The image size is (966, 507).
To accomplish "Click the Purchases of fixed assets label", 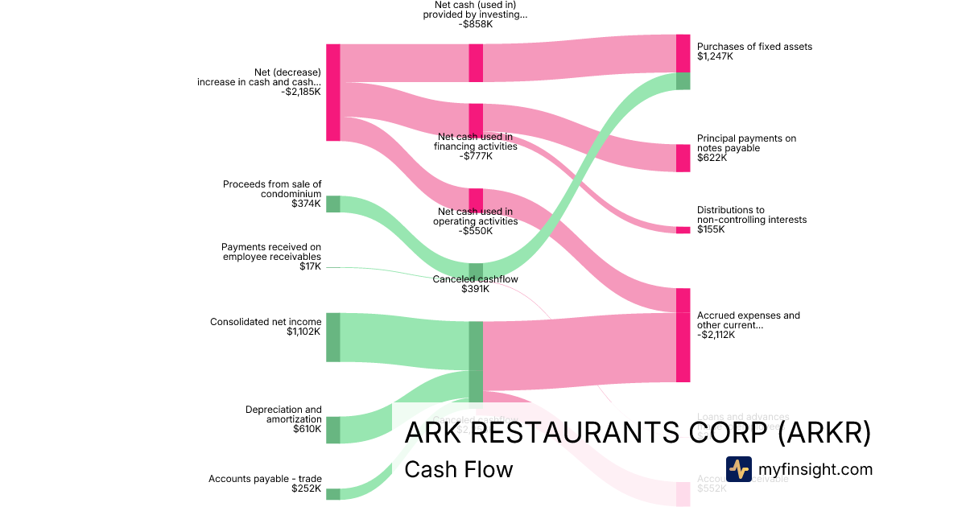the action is point(754,47).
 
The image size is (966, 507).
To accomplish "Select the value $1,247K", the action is point(715,57).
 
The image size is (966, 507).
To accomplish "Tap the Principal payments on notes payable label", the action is point(746,143).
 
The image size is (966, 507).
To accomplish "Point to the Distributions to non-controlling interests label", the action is point(751,215).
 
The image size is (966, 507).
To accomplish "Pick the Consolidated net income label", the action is point(266,322).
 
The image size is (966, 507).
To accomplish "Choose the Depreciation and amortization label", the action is point(283,414).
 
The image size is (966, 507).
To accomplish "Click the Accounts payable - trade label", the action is point(265,479).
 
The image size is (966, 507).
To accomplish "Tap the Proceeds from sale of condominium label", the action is point(272,189).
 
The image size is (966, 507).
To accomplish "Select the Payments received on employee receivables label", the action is point(271,251).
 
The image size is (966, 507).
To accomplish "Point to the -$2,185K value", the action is point(301,92).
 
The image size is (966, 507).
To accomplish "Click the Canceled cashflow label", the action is point(475,279).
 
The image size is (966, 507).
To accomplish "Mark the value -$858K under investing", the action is point(476,24).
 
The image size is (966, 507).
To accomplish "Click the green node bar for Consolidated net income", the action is point(333,337).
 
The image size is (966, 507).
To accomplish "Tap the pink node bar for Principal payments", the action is point(683,158).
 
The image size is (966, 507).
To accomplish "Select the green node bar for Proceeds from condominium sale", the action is point(333,204).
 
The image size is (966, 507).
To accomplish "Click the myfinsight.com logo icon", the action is point(738,468).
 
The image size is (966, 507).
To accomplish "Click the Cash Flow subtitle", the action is point(458,469).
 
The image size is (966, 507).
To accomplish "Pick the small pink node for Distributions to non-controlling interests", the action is point(683,230).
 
